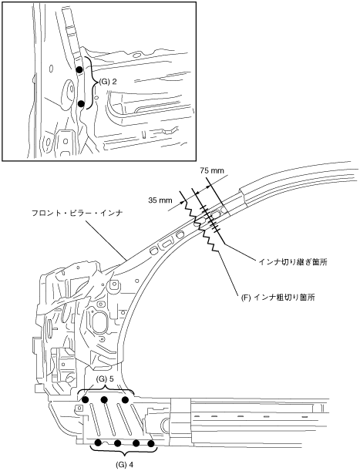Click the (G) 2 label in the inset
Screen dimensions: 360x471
click(108, 82)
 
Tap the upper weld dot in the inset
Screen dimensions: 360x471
click(79, 69)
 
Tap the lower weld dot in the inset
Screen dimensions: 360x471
click(81, 103)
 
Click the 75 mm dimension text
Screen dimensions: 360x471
click(212, 170)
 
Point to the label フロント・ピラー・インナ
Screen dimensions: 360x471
click(78, 214)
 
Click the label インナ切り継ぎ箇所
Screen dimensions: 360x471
click(293, 262)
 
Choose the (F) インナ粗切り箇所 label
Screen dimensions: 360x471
click(278, 298)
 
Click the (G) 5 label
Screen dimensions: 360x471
click(105, 379)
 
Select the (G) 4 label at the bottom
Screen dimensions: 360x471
click(124, 464)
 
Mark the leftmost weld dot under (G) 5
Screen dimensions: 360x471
click(85, 399)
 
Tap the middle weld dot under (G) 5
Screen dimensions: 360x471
click(104, 399)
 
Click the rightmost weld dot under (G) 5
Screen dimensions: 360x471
click(126, 399)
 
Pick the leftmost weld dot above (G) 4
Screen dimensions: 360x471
click(98, 442)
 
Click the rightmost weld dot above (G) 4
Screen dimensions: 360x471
click(151, 443)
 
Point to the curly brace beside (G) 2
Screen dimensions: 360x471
click(90, 82)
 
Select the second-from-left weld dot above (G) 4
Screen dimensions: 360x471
click(117, 443)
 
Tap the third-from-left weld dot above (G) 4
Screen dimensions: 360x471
click(136, 443)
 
